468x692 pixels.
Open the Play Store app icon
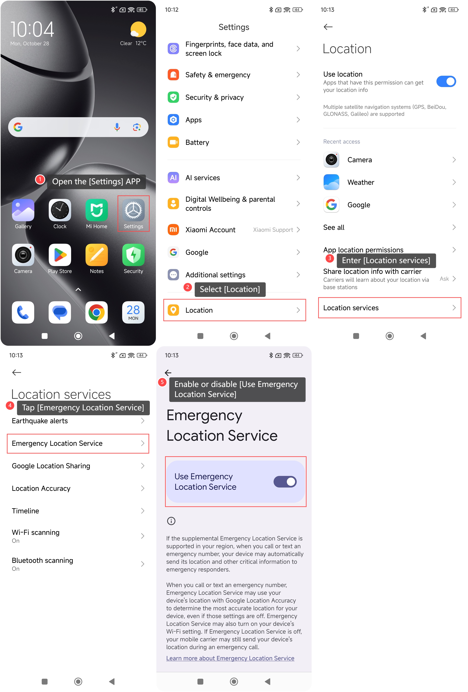coord(60,255)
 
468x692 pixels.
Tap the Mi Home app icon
coord(96,210)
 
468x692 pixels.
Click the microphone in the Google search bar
coord(117,127)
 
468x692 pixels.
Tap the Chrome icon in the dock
coord(96,312)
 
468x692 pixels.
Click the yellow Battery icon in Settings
coord(173,142)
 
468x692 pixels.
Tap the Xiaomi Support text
coord(273,230)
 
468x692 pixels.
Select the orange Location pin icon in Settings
coord(173,310)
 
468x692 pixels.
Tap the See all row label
coord(334,228)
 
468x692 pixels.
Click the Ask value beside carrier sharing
coord(444,279)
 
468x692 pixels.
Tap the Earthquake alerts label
coord(40,421)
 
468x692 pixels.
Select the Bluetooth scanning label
coord(42,560)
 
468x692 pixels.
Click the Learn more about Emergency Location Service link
coord(230,658)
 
